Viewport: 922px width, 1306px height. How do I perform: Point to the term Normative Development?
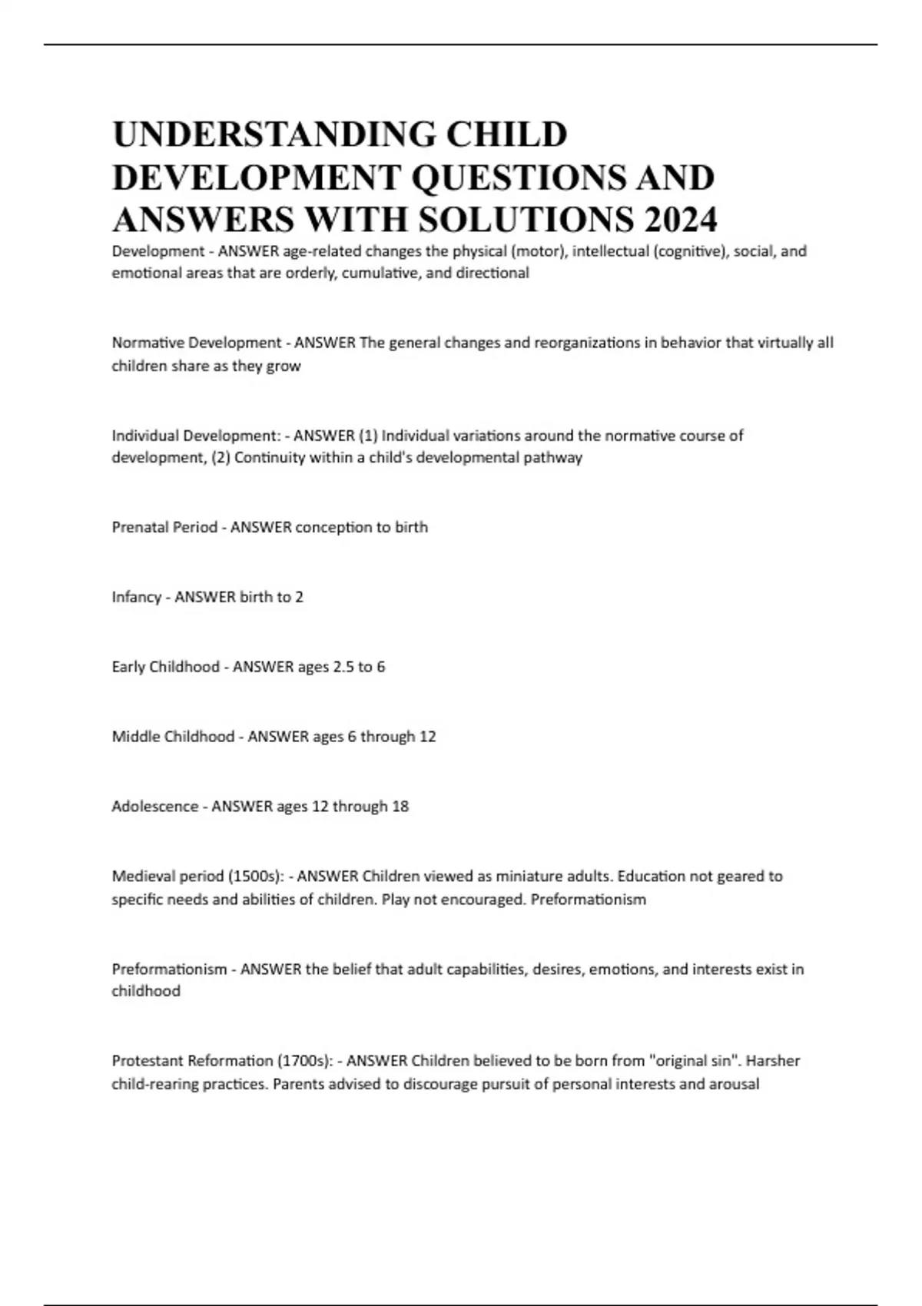(x=197, y=343)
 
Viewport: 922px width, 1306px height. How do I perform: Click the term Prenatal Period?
(x=164, y=528)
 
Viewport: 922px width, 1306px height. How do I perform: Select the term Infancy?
(x=136, y=597)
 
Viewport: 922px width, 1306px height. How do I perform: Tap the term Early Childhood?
(x=165, y=667)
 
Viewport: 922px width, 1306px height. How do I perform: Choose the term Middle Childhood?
(x=173, y=737)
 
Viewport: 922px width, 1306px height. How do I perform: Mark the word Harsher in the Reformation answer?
(x=773, y=1061)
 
